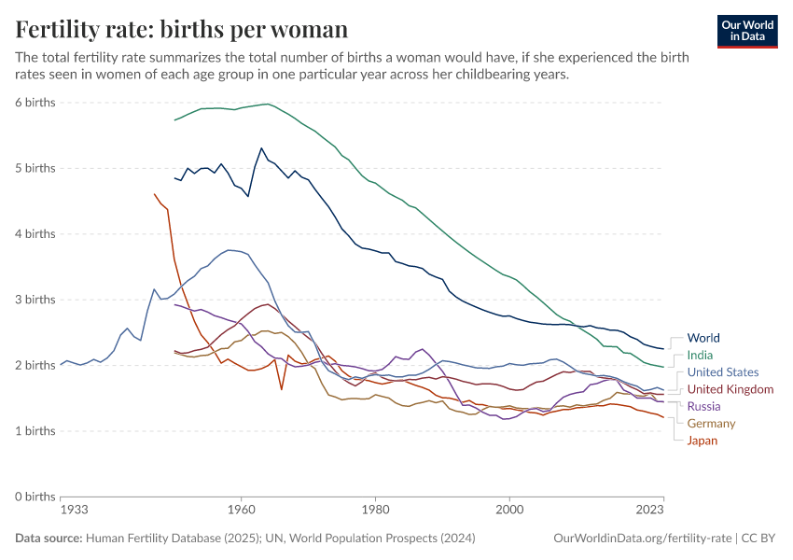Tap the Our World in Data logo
click(747, 31)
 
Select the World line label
click(703, 338)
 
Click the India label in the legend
click(700, 355)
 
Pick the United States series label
click(722, 372)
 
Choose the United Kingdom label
click(730, 389)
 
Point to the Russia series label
click(703, 406)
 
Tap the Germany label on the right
click(711, 423)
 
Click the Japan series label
click(702, 441)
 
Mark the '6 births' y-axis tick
click(35, 103)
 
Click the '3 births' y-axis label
click(35, 300)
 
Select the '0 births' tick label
click(35, 497)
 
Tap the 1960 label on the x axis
click(241, 511)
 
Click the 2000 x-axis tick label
click(509, 511)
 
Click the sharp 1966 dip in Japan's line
click(282, 388)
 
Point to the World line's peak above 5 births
click(261, 148)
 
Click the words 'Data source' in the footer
click(49, 539)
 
